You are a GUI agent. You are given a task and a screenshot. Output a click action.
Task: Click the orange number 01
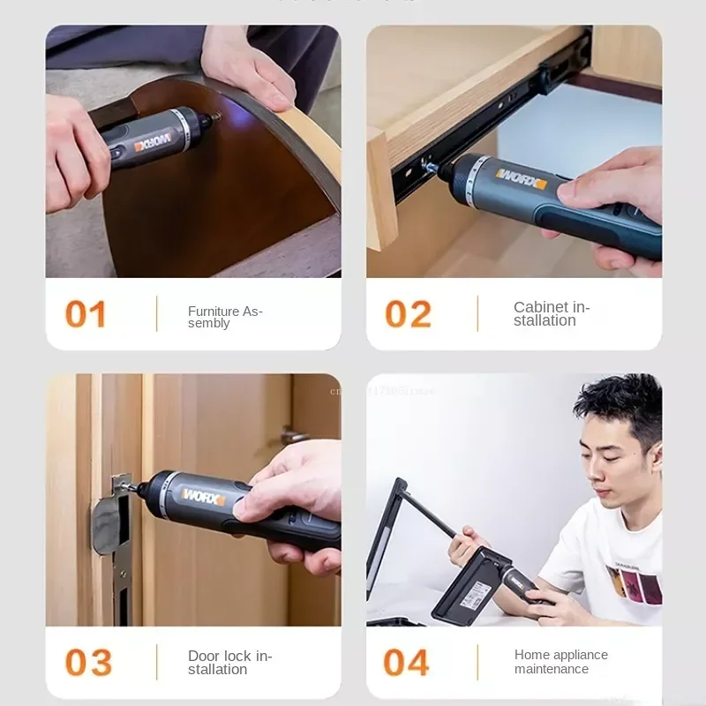tap(86, 314)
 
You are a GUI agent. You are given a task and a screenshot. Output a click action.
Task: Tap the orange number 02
tap(408, 314)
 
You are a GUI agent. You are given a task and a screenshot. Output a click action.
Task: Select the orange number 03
tap(88, 663)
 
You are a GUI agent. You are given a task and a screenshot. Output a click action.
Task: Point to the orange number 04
tap(407, 663)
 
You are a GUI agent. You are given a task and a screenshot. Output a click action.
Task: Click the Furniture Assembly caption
tap(225, 317)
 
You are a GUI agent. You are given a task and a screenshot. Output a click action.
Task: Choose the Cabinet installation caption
tap(552, 314)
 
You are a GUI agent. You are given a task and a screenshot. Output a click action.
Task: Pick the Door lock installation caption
tap(229, 663)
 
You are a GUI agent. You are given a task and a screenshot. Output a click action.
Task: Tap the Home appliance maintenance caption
tap(561, 662)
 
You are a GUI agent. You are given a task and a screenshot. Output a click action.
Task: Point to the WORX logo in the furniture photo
tap(153, 144)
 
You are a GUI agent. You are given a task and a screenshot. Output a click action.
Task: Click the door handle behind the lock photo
tap(295, 435)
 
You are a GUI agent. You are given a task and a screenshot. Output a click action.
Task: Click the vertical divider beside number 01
tap(156, 314)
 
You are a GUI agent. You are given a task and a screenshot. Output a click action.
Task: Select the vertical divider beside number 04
tap(477, 663)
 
